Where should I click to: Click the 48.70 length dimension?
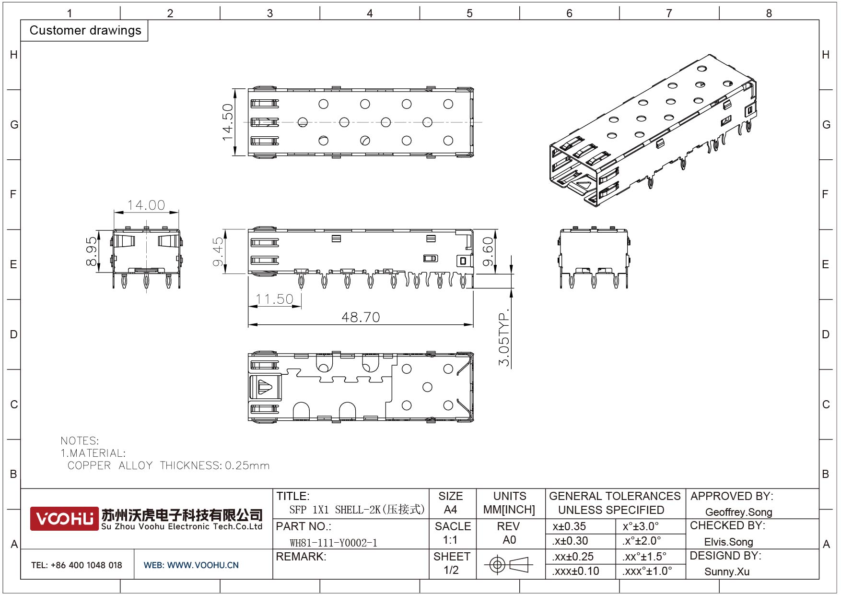361,317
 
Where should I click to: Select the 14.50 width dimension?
227,122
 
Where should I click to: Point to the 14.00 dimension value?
146,205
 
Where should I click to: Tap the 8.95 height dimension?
91,251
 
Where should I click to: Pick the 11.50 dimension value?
274,299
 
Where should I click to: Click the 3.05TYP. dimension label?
504,339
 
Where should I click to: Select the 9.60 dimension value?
488,251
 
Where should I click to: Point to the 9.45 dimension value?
218,251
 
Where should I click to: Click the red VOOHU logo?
64,519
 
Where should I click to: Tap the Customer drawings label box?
85,30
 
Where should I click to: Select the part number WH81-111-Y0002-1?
334,543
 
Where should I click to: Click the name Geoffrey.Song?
738,512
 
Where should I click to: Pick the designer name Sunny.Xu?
727,571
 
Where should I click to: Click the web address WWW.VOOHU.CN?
203,565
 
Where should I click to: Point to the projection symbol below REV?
509,564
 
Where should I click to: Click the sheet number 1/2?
451,570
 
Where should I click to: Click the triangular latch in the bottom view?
265,387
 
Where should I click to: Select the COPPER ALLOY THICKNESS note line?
168,465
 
